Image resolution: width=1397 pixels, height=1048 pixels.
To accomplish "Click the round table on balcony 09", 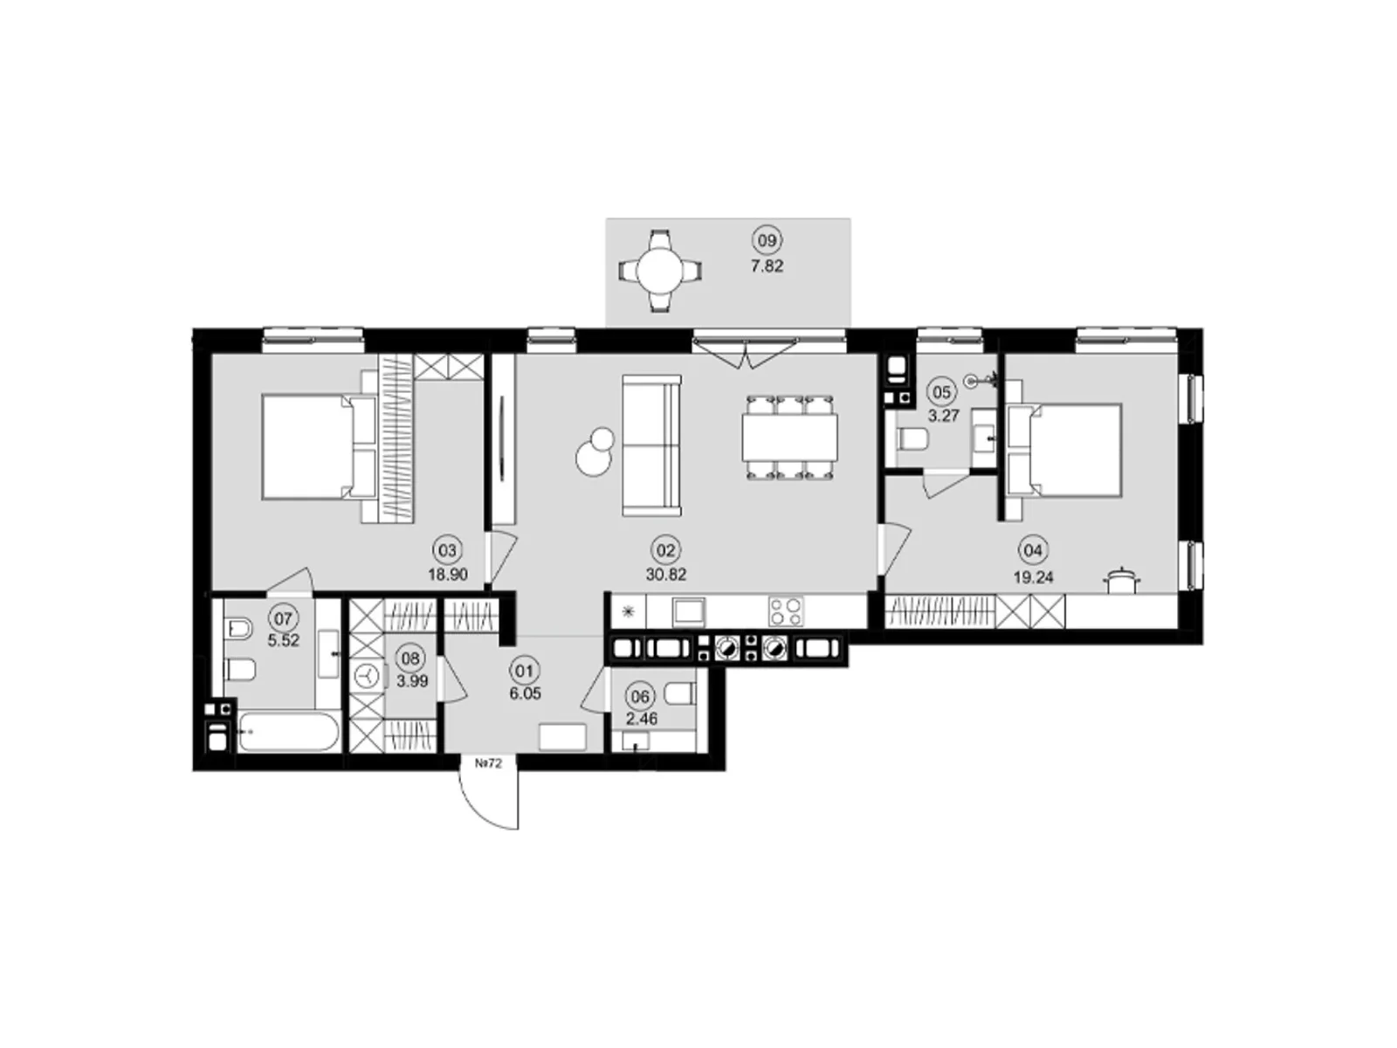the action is coord(660,271).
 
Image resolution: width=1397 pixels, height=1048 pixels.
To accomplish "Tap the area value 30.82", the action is coord(665,574).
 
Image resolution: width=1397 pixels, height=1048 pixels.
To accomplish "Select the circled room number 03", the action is coord(447,549).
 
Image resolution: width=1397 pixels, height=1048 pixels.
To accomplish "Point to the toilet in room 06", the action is coord(679,693).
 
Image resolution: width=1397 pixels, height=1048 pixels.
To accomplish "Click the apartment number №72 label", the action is coord(489,763).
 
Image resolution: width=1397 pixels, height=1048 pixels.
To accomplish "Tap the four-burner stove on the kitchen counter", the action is coord(785,611).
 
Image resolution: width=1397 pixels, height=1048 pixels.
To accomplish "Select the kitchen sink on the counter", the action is coord(689,611).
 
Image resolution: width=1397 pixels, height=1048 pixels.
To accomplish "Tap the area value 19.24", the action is coord(1034,577).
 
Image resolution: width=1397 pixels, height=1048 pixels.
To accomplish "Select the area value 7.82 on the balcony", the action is coord(767,266).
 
